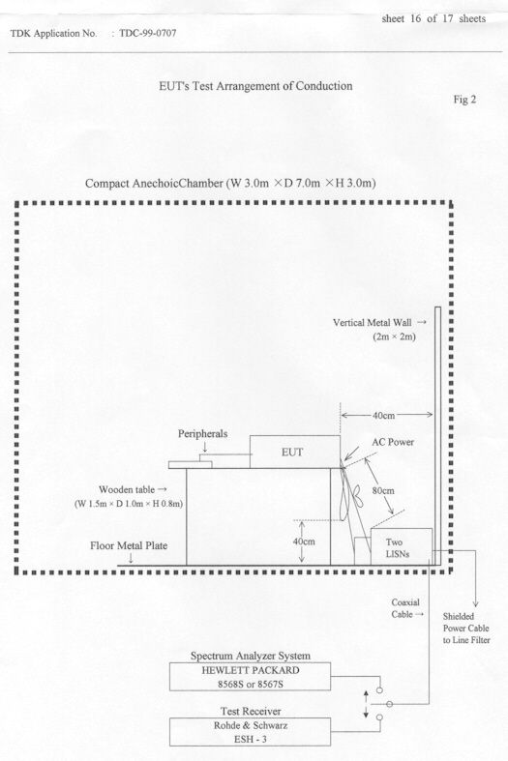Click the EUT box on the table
pos(295,452)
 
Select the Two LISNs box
pos(402,547)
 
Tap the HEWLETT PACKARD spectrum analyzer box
pos(250,677)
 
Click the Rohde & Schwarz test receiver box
pos(250,732)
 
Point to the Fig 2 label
pos(464,100)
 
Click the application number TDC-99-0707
pos(148,34)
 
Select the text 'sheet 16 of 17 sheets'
pos(433,19)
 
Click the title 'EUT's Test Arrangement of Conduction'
pos(255,86)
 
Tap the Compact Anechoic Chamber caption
pos(230,184)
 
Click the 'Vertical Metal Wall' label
pos(372,322)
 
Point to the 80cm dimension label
pos(383,490)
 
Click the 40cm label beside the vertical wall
pos(384,416)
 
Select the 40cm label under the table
pos(304,541)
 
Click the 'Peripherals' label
pos(202,434)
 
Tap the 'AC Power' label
pos(393,442)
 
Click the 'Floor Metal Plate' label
pos(129,546)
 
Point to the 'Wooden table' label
pos(127,489)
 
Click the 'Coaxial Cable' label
pos(405,608)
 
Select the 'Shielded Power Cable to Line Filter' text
pos(466,629)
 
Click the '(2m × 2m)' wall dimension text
pos(395,337)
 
